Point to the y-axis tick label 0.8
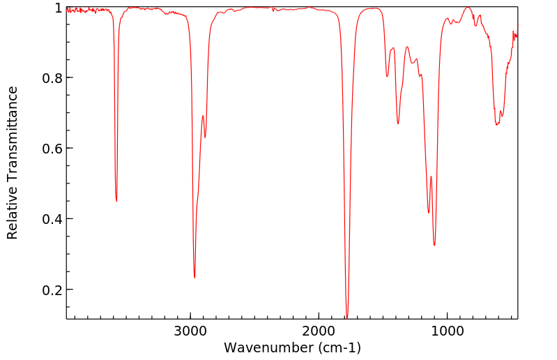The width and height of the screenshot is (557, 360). (52, 78)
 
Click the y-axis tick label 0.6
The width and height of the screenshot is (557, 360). (52, 149)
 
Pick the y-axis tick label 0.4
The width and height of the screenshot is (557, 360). (52, 219)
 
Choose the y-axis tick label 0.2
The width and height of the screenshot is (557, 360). (52, 290)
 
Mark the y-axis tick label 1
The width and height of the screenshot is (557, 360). (58, 8)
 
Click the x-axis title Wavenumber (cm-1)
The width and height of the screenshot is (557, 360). (292, 347)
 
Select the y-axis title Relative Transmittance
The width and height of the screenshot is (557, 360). (13, 163)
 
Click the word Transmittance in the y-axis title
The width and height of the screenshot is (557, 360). (13, 133)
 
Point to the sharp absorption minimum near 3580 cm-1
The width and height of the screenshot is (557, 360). (116, 201)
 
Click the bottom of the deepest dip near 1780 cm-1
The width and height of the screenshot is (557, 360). (347, 317)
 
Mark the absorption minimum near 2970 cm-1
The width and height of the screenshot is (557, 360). (194, 278)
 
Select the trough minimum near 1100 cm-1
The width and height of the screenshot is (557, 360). (434, 245)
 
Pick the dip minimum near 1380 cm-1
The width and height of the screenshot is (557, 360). (398, 123)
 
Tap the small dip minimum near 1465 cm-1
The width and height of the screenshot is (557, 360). (388, 77)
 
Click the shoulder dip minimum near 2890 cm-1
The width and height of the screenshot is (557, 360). (205, 137)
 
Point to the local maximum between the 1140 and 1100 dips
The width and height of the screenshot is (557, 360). (432, 177)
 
